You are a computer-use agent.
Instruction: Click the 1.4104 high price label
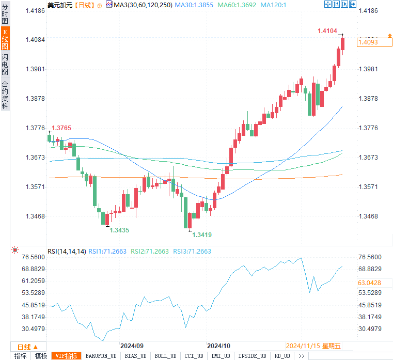pos(327,31)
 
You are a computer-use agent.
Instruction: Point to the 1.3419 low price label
pos(202,235)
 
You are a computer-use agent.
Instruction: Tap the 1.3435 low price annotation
pos(119,230)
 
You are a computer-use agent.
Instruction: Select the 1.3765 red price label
pos(61,128)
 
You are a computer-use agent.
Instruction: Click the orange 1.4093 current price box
pos(374,42)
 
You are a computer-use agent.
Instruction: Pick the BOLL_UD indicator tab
pos(165,356)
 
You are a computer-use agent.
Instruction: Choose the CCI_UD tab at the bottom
pos(194,356)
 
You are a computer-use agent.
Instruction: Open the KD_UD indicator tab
pos(282,356)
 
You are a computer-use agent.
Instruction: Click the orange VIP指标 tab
pos(67,356)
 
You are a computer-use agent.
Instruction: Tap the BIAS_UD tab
pos(136,356)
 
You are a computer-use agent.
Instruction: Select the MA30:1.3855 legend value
pos(194,5)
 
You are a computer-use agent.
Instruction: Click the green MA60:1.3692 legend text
pos(237,5)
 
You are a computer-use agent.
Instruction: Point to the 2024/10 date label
pos(218,346)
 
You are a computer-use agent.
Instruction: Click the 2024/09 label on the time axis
pos(132,346)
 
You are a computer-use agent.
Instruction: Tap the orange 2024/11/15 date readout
pos(313,346)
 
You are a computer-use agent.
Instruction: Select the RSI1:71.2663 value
pos(107,251)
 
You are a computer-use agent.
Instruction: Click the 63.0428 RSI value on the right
pos(369,283)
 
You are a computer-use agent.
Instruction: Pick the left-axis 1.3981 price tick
pos(35,69)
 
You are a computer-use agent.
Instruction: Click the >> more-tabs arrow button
pos(302,356)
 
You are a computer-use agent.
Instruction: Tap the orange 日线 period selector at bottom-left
pos(27,347)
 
